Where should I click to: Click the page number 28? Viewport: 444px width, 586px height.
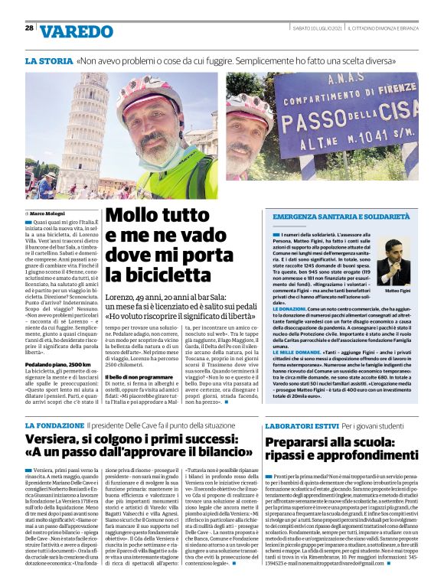tap(28, 28)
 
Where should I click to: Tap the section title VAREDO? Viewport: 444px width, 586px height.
tap(76, 32)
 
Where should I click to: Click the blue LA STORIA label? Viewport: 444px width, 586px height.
tap(48, 59)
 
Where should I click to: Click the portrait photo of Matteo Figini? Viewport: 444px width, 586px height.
tap(393, 262)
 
